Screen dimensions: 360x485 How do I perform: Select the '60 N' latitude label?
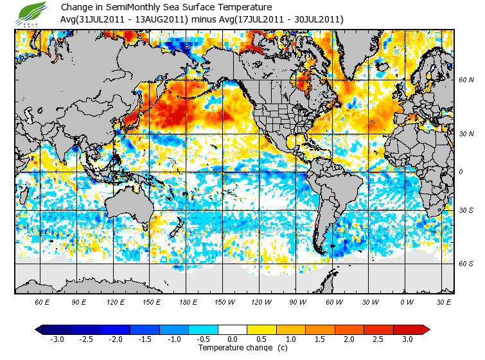click(x=466, y=80)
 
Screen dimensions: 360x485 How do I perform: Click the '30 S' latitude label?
click(x=466, y=210)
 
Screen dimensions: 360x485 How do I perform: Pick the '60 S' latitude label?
click(x=466, y=264)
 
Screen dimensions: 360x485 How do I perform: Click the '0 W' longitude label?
click(x=407, y=301)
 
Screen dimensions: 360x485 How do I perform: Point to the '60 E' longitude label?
click(x=42, y=301)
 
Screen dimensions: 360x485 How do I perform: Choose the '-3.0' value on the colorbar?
click(x=57, y=339)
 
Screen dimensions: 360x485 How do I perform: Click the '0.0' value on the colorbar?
click(x=233, y=339)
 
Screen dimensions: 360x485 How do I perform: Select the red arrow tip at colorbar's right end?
click(x=426, y=330)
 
